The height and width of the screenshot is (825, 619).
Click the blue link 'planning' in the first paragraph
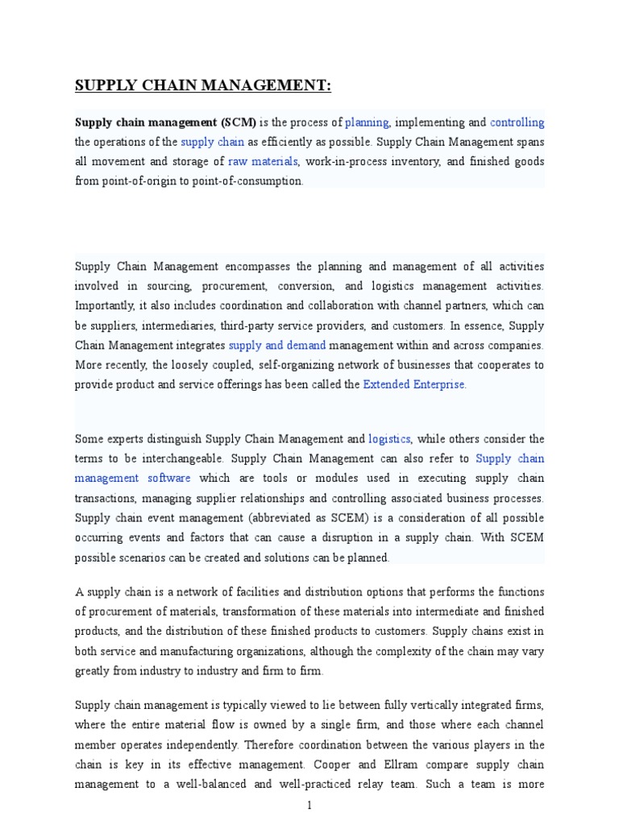point(367,122)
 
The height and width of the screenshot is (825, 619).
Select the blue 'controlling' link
point(517,122)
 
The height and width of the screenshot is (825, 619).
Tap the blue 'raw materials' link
point(264,161)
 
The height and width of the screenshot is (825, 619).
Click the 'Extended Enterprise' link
point(414,384)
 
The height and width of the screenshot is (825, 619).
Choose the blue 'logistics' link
point(389,439)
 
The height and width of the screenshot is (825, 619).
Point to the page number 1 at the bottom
point(309,805)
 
